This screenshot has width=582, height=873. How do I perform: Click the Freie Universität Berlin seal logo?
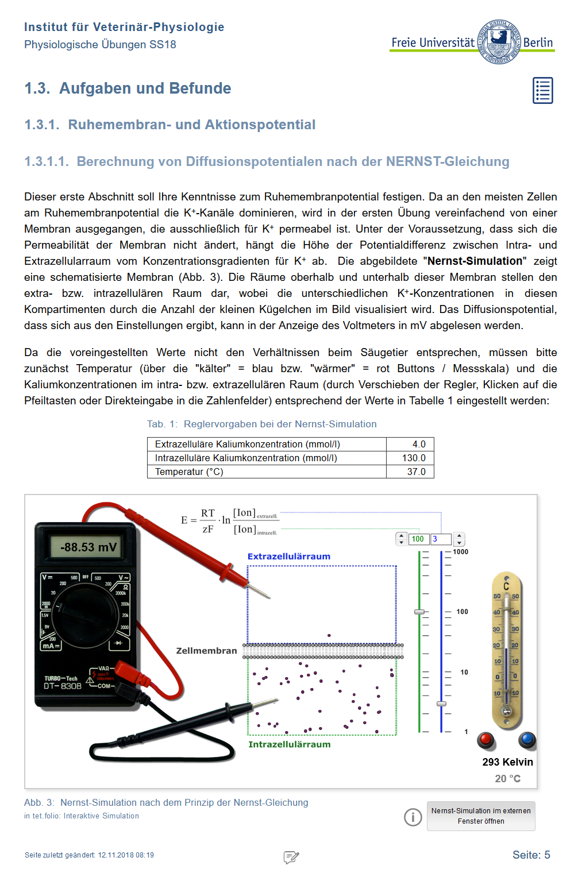pyautogui.click(x=499, y=41)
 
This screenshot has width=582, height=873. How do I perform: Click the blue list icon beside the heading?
pyautogui.click(x=542, y=90)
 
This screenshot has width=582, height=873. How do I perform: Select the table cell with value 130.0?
pyautogui.click(x=410, y=458)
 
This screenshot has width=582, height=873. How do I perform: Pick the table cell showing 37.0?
pyautogui.click(x=410, y=472)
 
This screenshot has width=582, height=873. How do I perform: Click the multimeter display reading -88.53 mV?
pyautogui.click(x=87, y=547)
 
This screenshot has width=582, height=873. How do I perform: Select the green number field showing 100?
pyautogui.click(x=418, y=539)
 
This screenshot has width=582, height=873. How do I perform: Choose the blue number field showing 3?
pyautogui.click(x=441, y=539)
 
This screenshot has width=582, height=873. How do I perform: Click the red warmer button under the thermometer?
pyautogui.click(x=485, y=739)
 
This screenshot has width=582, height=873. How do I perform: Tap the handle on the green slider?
pyautogui.click(x=419, y=612)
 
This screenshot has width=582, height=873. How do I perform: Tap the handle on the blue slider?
pyautogui.click(x=441, y=704)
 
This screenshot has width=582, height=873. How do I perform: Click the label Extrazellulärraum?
pyautogui.click(x=289, y=557)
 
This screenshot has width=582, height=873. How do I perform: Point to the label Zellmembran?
pyautogui.click(x=206, y=651)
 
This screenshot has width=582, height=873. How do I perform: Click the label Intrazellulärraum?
pyautogui.click(x=289, y=744)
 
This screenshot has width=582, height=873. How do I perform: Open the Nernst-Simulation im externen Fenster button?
pyautogui.click(x=481, y=816)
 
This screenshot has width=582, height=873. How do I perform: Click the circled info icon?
pyautogui.click(x=413, y=817)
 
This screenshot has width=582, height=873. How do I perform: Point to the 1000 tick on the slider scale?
pyautogui.click(x=460, y=552)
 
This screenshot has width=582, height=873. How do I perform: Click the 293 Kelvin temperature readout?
pyautogui.click(x=507, y=762)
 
